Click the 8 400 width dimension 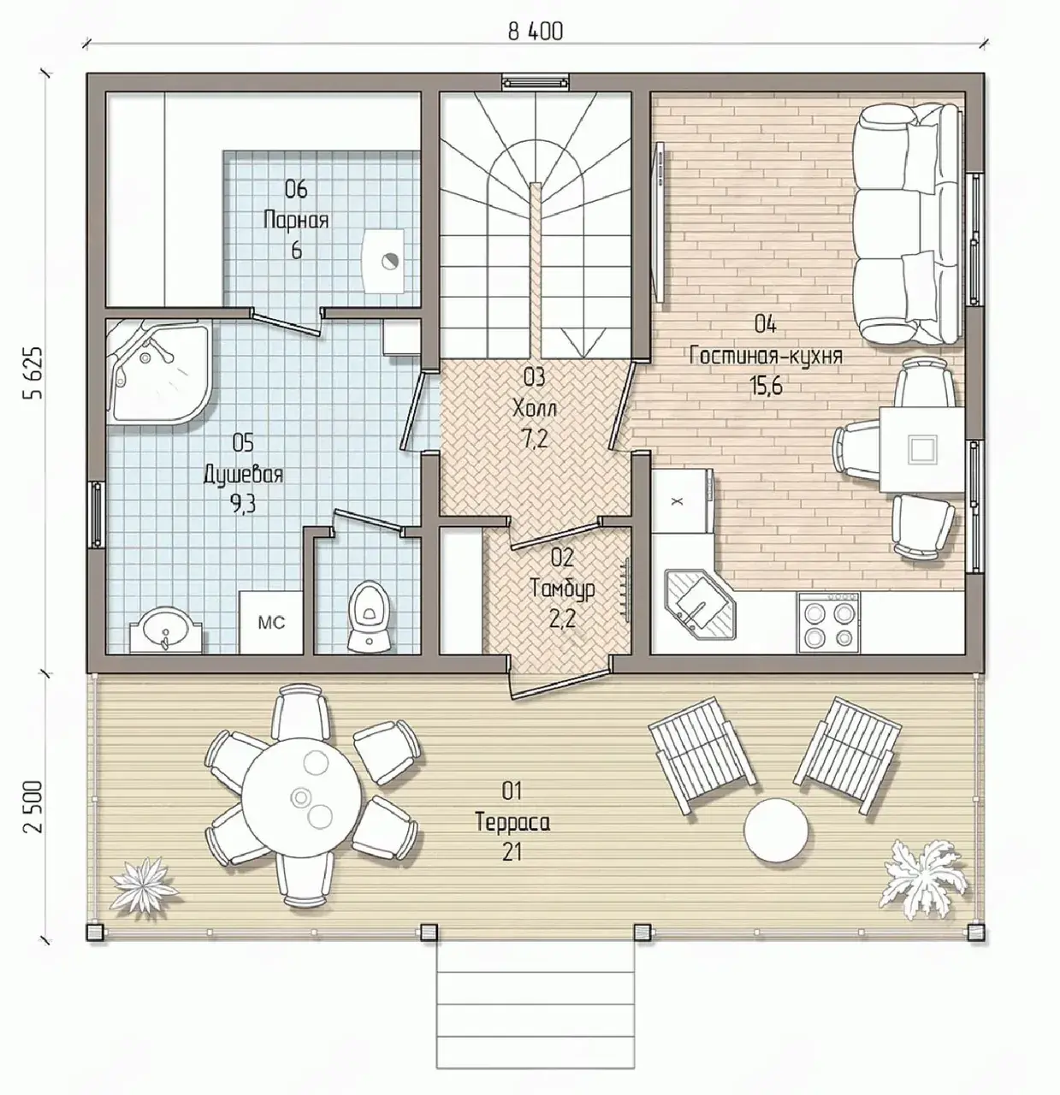pyautogui.click(x=535, y=32)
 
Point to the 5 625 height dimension pyautogui.click(x=33, y=372)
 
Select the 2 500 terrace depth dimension pyautogui.click(x=33, y=807)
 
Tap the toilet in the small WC pyautogui.click(x=367, y=616)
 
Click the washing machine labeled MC pyautogui.click(x=271, y=622)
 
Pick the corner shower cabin pyautogui.click(x=157, y=371)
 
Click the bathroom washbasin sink pyautogui.click(x=166, y=630)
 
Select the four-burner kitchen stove pyautogui.click(x=828, y=622)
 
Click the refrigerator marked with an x pyautogui.click(x=681, y=501)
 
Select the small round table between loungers pyautogui.click(x=776, y=830)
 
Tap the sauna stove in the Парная pyautogui.click(x=384, y=261)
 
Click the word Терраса pyautogui.click(x=512, y=822)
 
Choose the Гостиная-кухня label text pyautogui.click(x=766, y=356)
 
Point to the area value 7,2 pyautogui.click(x=535, y=438)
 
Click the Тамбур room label pyautogui.click(x=563, y=589)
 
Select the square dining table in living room pyautogui.click(x=921, y=450)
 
